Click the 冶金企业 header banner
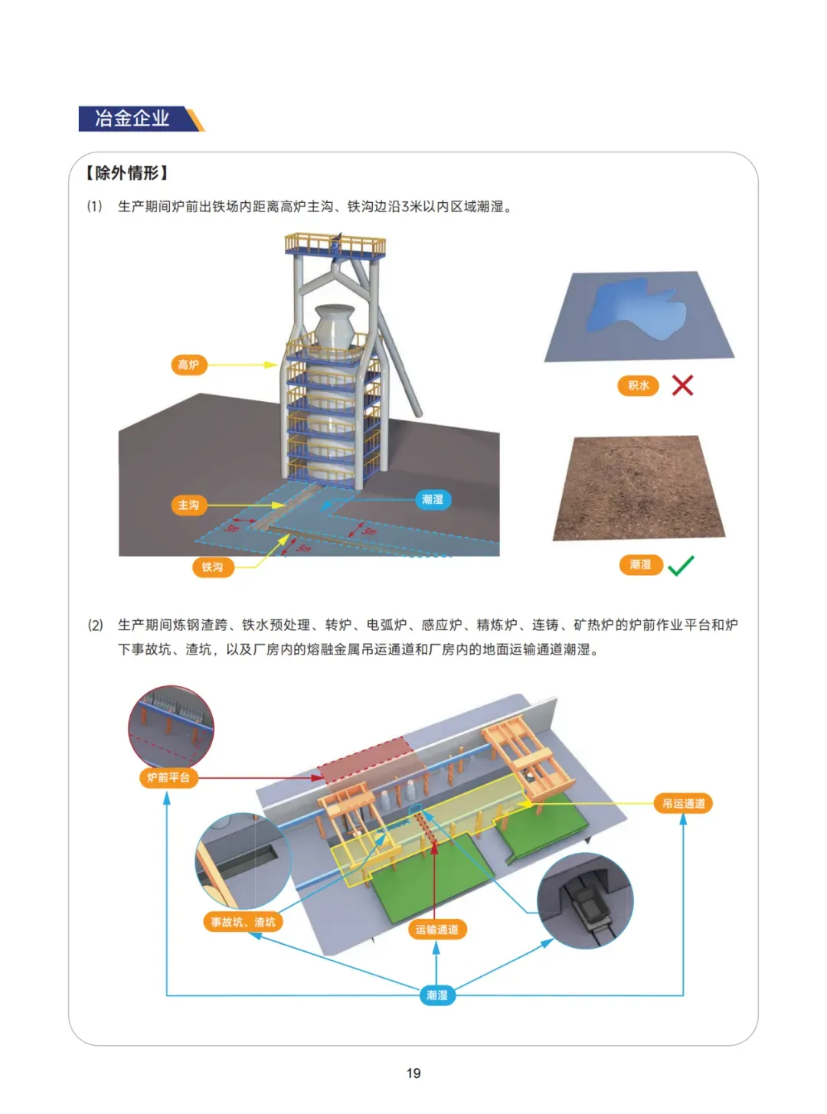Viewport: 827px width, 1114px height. (141, 119)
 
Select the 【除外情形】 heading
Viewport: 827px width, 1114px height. (126, 173)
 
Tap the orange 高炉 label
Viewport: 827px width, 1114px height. (189, 364)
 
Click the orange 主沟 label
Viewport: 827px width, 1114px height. (189, 505)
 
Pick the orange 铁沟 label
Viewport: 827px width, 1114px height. (213, 567)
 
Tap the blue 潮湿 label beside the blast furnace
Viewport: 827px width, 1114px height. (433, 499)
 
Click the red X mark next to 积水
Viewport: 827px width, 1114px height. (682, 385)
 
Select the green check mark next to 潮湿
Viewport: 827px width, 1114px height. (682, 566)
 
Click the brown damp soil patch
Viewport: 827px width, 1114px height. (639, 487)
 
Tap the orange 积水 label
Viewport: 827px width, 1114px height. (638, 385)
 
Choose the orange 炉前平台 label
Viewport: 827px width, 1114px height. (168, 778)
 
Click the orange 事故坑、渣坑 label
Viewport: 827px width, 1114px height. (244, 922)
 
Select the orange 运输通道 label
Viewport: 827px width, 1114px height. (437, 929)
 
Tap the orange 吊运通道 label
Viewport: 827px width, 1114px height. (683, 804)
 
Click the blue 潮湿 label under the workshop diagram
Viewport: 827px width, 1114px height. (437, 995)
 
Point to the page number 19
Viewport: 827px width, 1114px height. (413, 1073)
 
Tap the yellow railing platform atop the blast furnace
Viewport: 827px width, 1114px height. (335, 245)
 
